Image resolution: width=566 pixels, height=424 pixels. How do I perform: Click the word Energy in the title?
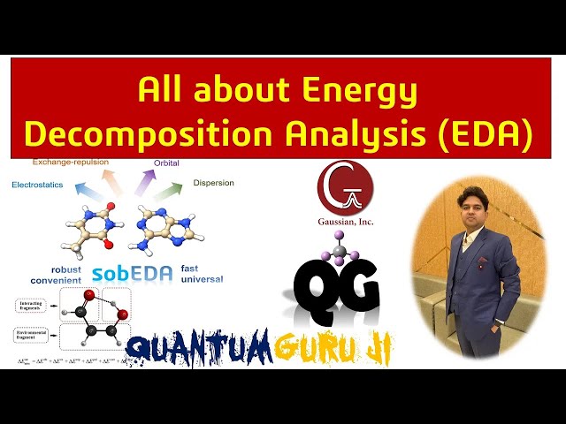pos(358,90)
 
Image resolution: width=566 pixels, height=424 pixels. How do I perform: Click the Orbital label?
pos(165,163)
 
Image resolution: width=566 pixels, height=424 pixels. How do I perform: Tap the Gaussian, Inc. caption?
pos(345,223)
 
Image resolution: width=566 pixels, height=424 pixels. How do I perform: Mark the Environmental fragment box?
pos(35,335)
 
